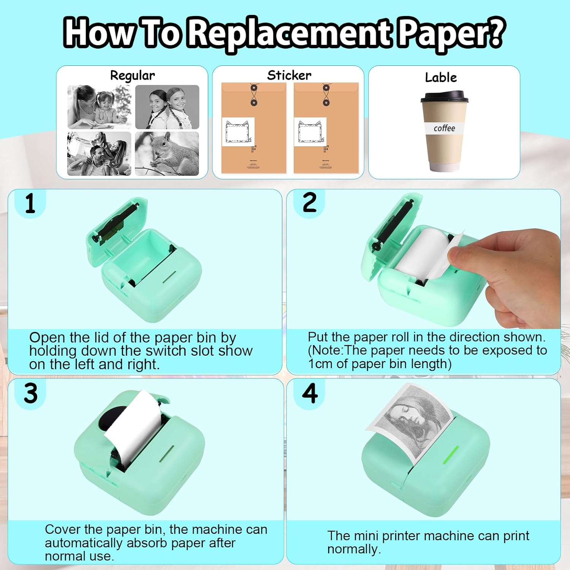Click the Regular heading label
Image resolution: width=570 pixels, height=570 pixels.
[132, 75]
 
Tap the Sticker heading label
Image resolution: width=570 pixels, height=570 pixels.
[289, 75]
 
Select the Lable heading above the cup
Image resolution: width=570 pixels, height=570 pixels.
[441, 78]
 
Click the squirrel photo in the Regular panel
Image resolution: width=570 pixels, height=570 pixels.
[167, 154]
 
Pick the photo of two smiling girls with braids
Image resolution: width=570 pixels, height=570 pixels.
[167, 107]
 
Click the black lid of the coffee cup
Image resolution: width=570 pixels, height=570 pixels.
[444, 97]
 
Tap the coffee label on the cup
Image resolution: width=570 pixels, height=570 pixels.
[444, 128]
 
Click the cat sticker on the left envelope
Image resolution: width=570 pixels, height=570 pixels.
[238, 131]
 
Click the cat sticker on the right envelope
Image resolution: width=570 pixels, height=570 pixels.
[310, 131]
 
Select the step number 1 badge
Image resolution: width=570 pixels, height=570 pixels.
[30, 204]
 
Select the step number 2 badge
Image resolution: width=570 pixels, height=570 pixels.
[309, 203]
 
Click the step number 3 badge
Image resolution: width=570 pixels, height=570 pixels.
[30, 393]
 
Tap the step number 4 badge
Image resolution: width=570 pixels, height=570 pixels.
[310, 393]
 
